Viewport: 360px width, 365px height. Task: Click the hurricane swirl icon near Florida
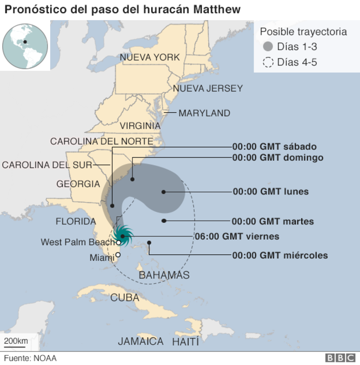[123, 235]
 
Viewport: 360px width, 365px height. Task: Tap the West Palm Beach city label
[77, 242]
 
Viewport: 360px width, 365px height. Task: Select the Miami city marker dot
[118, 254]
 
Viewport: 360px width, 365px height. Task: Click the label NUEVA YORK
[149, 58]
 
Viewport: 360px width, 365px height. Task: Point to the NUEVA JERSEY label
[208, 88]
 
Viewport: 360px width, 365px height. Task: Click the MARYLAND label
[204, 113]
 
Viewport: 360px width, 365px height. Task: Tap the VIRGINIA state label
[140, 126]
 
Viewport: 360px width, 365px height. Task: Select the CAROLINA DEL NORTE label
[101, 141]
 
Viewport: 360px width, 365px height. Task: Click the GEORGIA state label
[78, 184]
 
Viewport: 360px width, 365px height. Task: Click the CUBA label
[125, 298]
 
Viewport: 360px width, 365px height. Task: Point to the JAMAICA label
[141, 342]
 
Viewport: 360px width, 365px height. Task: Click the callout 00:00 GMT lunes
[271, 192]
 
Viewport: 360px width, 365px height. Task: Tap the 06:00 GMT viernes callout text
[237, 236]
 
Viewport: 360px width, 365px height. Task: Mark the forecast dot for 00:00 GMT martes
[163, 221]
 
